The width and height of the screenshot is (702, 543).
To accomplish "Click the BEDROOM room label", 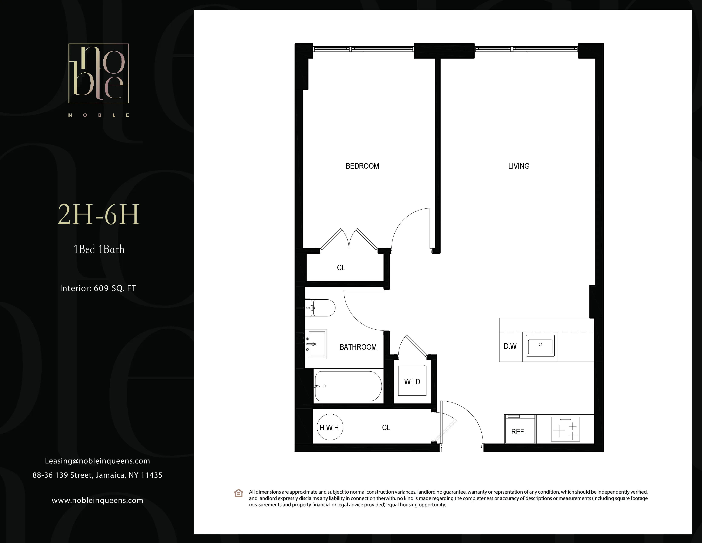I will tap(362, 166).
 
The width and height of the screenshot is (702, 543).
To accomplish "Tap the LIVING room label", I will tap(518, 166).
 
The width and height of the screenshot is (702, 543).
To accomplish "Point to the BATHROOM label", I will tap(358, 347).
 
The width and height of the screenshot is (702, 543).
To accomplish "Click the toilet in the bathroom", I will tap(321, 308).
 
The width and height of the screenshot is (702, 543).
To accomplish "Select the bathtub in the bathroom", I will tap(348, 386).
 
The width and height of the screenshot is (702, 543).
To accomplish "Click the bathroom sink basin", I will tap(317, 344).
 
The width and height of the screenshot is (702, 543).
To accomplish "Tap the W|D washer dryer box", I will tap(412, 382).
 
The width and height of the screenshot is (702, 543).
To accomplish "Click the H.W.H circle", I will tap(330, 427).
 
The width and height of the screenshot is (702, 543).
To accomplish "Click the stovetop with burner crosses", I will tap(565, 429).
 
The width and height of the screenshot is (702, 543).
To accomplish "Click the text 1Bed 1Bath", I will tap(99, 249).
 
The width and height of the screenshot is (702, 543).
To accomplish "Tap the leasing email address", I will tap(97, 461).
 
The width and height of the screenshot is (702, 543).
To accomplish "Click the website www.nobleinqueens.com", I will tap(97, 500).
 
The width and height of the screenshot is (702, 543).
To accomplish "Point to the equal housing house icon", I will tap(238, 493).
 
